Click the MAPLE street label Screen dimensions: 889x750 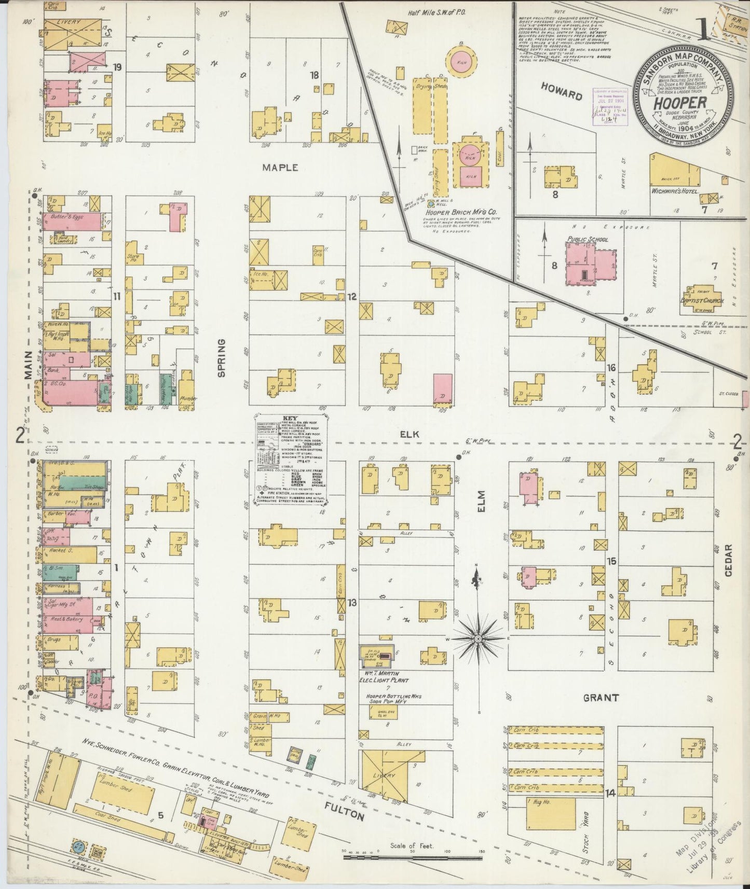point(280,168)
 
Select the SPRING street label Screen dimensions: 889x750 point(222,358)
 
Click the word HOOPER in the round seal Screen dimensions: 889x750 point(679,102)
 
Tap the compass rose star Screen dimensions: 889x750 point(478,637)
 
